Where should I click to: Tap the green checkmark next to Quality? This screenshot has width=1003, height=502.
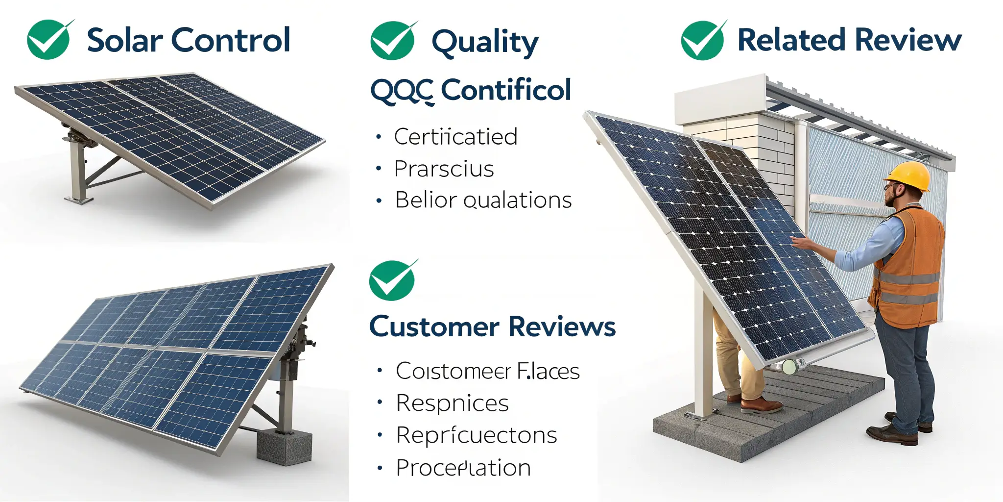point(392,41)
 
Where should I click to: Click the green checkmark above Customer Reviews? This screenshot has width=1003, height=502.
point(391,281)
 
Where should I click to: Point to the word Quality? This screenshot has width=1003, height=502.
point(485,42)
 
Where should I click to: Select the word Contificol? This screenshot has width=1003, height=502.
point(506,90)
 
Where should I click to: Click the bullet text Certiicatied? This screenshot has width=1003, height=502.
point(455,137)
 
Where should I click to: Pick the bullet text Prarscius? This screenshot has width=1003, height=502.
point(444,169)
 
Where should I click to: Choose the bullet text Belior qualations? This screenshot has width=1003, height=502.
point(483,200)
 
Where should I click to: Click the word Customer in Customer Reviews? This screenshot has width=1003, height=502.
point(434,327)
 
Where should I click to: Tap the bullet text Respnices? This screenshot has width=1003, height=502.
point(452,403)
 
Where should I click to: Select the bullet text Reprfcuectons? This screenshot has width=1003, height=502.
point(476,435)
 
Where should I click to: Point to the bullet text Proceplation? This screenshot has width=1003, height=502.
point(463,468)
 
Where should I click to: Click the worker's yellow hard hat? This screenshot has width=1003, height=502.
point(909,175)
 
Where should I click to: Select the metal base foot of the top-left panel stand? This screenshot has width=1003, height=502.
point(78,199)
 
